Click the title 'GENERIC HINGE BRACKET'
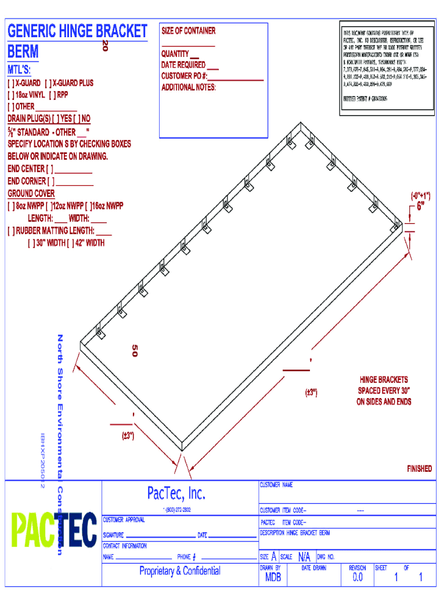(78, 31)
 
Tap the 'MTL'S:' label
(20, 70)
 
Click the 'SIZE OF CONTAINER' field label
(188, 31)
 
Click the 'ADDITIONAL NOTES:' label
(189, 87)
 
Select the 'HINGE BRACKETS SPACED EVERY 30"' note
(384, 390)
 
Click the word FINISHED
(419, 468)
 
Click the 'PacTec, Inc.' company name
(176, 493)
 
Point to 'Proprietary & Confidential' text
(179, 571)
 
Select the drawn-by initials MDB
(273, 578)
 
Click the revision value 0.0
(358, 578)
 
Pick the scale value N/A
(304, 557)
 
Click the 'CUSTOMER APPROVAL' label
(124, 519)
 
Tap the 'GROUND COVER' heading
(31, 193)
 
